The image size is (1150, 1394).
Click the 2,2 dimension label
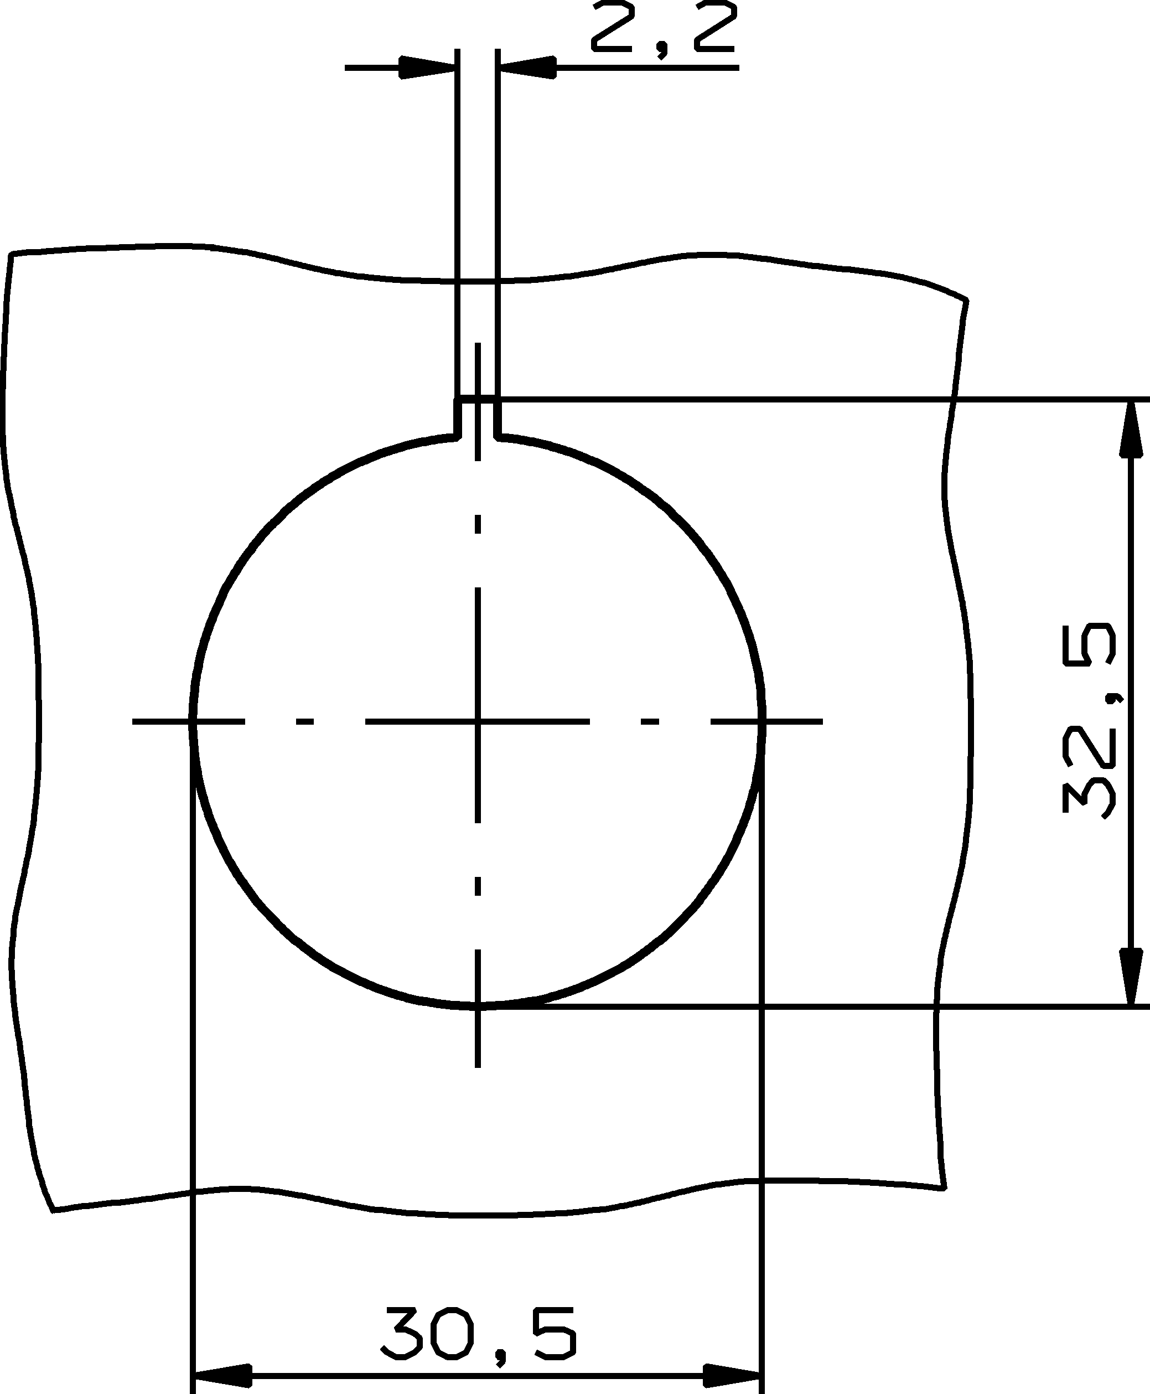pyautogui.click(x=662, y=30)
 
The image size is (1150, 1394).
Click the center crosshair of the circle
pyautogui.click(x=478, y=720)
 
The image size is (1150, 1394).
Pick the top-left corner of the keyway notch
pyautogui.click(x=456, y=400)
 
